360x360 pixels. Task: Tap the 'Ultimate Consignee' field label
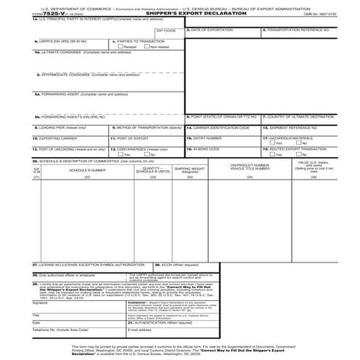tap(73, 53)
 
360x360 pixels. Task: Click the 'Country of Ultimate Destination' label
tap(298, 116)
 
